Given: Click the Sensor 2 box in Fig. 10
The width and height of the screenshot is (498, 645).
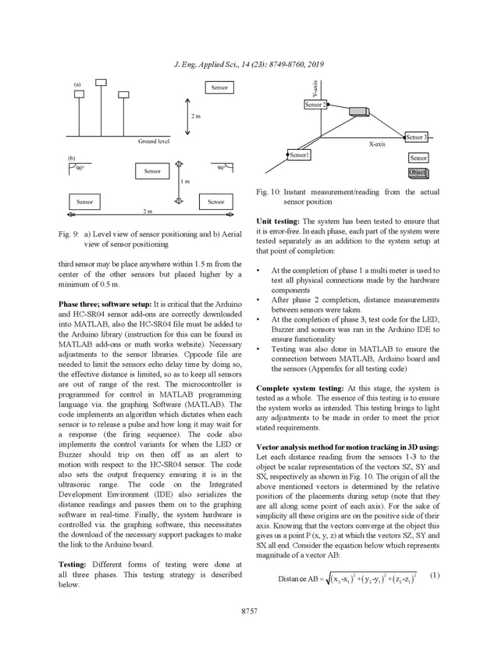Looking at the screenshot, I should (315, 105).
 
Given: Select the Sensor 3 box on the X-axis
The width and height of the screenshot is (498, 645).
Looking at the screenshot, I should (415, 137).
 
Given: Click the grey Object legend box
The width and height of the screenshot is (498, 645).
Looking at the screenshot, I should (418, 173).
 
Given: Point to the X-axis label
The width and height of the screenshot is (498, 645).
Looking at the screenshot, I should (377, 144).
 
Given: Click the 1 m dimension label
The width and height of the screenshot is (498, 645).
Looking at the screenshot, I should (185, 181).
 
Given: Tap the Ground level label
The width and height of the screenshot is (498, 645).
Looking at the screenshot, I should (153, 141).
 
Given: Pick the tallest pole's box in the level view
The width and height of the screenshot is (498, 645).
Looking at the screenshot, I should (101, 83).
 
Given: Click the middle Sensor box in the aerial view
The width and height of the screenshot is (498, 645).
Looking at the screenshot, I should (152, 171).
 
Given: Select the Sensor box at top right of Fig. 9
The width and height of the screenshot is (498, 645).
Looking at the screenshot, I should (219, 87).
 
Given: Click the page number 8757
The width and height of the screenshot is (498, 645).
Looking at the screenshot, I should (249, 609).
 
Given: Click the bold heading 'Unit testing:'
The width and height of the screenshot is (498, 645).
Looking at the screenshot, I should (278, 221).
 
